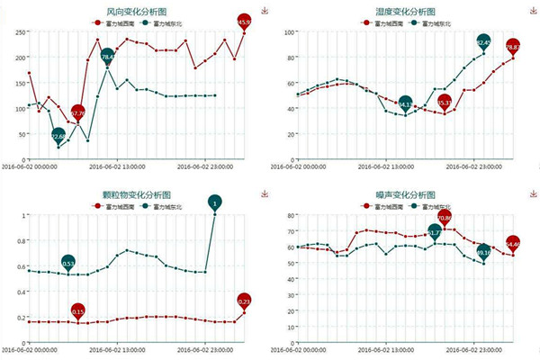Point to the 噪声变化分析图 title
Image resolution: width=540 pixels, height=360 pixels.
[x=400, y=194]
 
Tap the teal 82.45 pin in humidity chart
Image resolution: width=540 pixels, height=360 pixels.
[x=483, y=42]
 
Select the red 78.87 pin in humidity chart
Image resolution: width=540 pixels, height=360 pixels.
[x=512, y=46]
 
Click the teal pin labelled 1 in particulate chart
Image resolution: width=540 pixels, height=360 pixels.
[x=215, y=203]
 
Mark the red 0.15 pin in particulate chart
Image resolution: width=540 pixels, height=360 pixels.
[x=78, y=311]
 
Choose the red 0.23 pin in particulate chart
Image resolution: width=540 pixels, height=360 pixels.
[x=244, y=301]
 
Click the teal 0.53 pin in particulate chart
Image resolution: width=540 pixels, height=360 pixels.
[x=68, y=263]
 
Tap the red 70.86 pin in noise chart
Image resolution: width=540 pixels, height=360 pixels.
[x=445, y=217]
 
